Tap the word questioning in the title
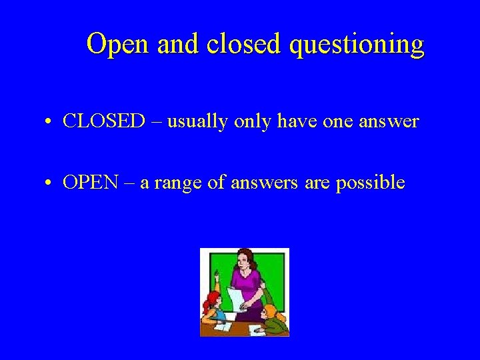358,45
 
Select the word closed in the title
242,45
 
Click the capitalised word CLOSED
103,121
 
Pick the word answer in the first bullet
389,121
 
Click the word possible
371,182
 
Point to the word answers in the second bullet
259,182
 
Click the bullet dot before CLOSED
51,122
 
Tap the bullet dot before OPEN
51,183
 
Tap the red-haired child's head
213,300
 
